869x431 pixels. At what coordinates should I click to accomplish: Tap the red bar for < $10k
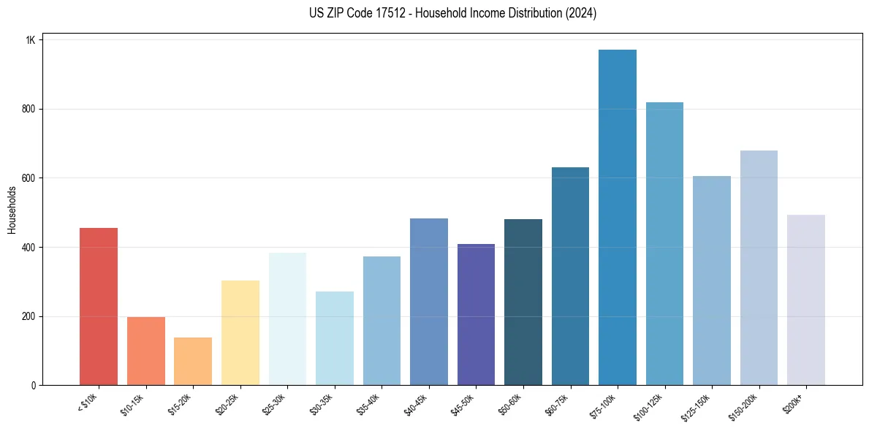pos(99,306)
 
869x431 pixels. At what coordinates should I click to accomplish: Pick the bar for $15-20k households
pos(193,361)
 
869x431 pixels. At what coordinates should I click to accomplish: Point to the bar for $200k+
pos(805,300)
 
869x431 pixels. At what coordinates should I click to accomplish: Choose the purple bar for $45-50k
pos(476,314)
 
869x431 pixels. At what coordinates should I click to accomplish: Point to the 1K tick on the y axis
pos(31,40)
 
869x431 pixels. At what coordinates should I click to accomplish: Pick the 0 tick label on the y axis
pos(33,386)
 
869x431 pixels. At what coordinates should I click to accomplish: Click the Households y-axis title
pos(12,210)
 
